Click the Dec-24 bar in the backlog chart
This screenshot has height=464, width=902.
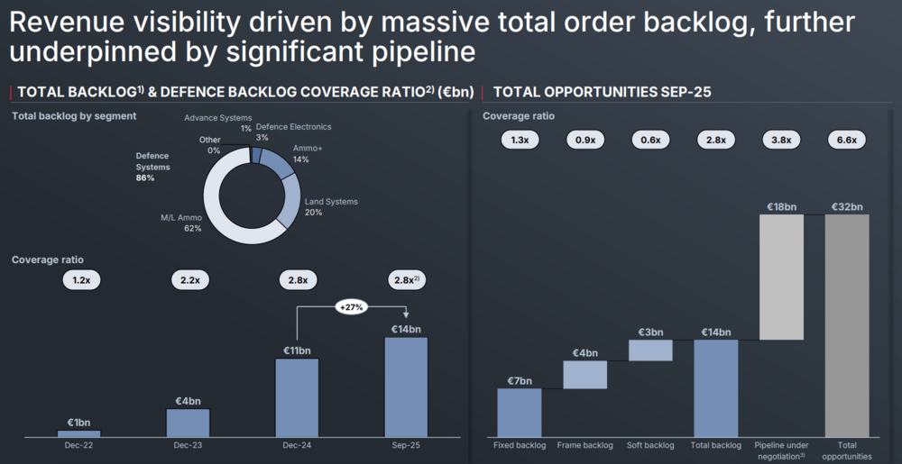(297, 397)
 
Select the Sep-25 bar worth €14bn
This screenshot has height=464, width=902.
(406, 387)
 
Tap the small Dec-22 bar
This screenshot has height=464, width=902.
(79, 433)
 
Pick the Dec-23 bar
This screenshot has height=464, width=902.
(188, 423)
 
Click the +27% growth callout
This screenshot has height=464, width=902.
(350, 306)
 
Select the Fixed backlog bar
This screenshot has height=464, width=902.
(520, 413)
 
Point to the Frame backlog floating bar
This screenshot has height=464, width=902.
(584, 375)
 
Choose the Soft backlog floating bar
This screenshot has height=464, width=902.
(650, 350)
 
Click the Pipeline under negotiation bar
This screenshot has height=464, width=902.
(782, 277)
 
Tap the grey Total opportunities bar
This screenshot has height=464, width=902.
(847, 325)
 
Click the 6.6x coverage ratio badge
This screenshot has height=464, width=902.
(847, 140)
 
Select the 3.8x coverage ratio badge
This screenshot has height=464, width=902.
(781, 140)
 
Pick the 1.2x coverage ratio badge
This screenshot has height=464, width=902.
(81, 280)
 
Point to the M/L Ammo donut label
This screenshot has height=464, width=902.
(180, 223)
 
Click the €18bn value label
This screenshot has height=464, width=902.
(781, 206)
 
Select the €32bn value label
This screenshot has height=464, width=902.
(847, 206)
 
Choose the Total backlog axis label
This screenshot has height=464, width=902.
(716, 445)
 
